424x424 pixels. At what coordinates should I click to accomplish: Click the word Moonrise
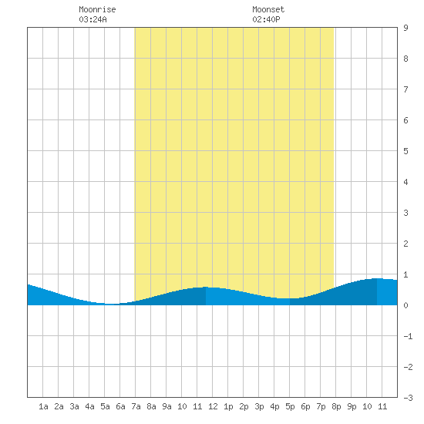coord(97,9)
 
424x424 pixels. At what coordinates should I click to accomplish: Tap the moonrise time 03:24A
coord(93,19)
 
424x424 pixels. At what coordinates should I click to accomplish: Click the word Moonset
coord(268,9)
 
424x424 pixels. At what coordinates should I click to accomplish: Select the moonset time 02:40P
coord(266,19)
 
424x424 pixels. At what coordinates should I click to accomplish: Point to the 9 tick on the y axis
coord(405,28)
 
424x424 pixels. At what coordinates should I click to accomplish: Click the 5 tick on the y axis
coord(405,151)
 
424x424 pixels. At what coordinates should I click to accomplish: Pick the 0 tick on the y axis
coord(405,305)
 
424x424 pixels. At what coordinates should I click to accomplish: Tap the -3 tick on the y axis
coord(408,398)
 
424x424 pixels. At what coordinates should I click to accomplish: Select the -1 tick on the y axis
coord(408,336)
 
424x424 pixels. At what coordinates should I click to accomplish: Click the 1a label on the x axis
coord(43,406)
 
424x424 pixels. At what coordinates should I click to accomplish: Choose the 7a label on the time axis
coord(136,406)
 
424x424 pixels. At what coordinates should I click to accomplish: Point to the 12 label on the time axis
coord(213,406)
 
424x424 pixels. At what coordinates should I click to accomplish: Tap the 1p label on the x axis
coord(228,406)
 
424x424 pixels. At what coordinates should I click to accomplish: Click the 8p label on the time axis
coord(336,406)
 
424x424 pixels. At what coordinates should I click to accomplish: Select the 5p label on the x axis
coord(290,406)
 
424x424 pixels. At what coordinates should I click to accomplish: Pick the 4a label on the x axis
coord(89,406)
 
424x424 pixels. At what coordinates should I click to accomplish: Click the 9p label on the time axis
coord(352,406)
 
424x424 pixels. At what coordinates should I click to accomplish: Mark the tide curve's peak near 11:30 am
coord(206,287)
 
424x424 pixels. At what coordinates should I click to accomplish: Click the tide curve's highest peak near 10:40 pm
coord(377,278)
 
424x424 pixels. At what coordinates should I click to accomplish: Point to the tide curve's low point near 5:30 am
coord(112,304)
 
